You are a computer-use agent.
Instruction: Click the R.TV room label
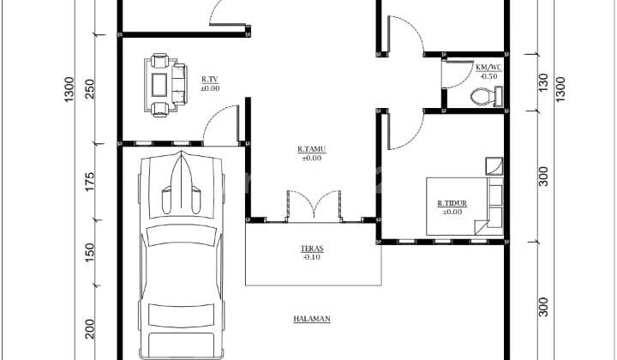pos(210,80)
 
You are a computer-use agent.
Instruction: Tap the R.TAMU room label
pos(312,149)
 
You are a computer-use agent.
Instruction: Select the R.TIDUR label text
pos(452,203)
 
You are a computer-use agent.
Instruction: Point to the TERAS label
pos(312,249)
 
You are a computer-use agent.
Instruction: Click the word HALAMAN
pos(312,319)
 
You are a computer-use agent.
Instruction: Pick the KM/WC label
pos(488,68)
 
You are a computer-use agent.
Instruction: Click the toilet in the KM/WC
pos(487,97)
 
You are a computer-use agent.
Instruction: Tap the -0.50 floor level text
pos(488,77)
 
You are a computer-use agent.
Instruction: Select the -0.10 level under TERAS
pos(312,257)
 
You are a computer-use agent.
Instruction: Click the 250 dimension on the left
pos(90,89)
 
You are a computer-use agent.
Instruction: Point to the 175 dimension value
pos(90,182)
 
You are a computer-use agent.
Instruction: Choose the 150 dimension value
pos(90,253)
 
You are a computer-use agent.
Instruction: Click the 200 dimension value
pos(90,329)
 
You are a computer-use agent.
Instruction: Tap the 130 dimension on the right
pos(543,82)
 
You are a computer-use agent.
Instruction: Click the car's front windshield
pos(182,235)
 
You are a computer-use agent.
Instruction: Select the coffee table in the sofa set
pos(159,85)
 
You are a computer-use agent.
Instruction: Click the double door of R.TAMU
pos(314,205)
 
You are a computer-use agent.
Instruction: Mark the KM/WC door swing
pos(458,74)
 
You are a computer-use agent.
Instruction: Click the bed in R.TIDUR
pos(464,207)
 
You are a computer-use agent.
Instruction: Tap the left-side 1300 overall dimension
pos(69,89)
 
